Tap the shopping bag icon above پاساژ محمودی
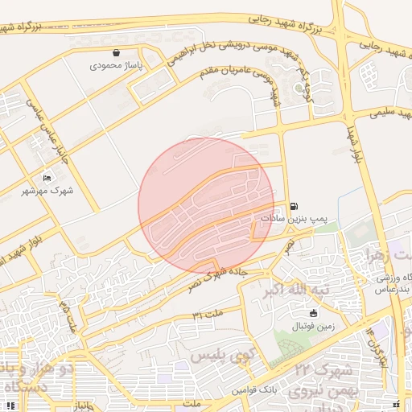click(117, 52)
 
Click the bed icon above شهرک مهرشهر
click(47, 178)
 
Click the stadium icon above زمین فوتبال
click(313, 313)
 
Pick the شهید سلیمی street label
click(385, 112)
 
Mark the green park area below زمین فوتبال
click(295, 341)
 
